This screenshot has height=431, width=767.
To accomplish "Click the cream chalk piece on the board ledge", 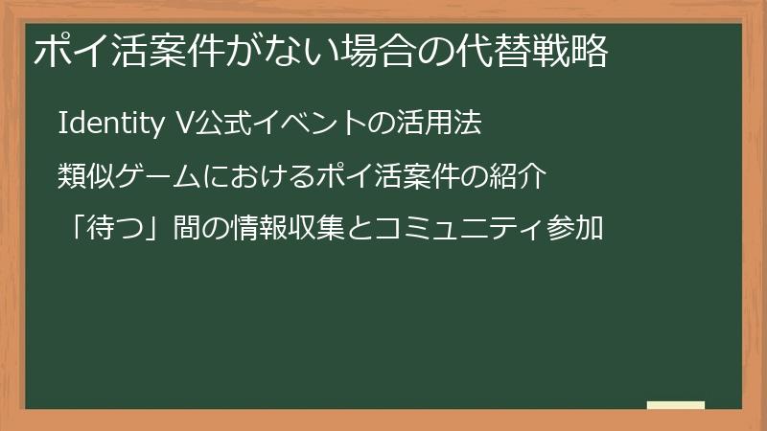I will click(676, 405).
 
